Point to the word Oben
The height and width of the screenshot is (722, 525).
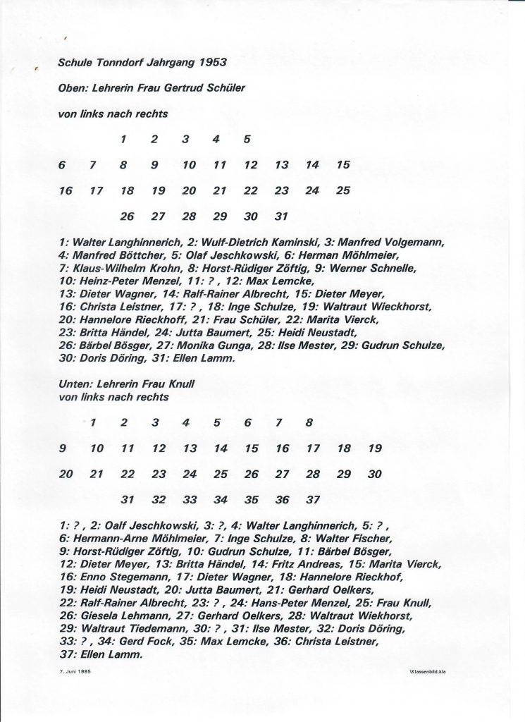pyautogui.click(x=71, y=87)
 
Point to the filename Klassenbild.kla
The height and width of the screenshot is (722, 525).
pyautogui.click(x=429, y=671)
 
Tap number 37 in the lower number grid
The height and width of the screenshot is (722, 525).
pyautogui.click(x=313, y=500)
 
